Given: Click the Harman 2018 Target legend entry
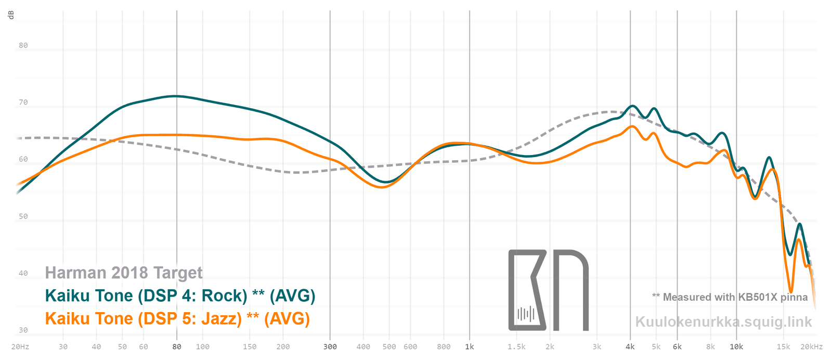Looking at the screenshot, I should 124,273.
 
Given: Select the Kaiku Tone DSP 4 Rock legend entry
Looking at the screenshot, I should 180,295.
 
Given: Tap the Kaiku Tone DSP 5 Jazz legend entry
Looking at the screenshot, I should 177,318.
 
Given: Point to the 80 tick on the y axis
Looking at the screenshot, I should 23,45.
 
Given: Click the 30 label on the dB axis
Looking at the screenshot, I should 23,330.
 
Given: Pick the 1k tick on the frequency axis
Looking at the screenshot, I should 470,347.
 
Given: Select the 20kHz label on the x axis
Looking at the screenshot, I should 811,347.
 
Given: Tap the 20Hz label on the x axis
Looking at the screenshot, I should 20,347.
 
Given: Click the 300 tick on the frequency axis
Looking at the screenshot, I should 330,347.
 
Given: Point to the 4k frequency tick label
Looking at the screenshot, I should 630,347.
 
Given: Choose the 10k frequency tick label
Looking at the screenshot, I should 736,347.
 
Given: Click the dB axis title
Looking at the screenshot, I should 11,15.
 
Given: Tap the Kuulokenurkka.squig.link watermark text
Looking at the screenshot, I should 723,322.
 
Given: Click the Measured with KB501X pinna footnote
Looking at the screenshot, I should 730,297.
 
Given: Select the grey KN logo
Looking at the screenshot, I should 548,290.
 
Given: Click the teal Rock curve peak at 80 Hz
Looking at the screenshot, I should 177,96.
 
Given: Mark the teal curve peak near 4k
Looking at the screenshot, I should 632,106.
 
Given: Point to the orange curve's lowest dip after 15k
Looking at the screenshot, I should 791,292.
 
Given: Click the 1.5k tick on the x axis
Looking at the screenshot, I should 516,347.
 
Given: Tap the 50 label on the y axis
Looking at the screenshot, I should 23,216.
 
